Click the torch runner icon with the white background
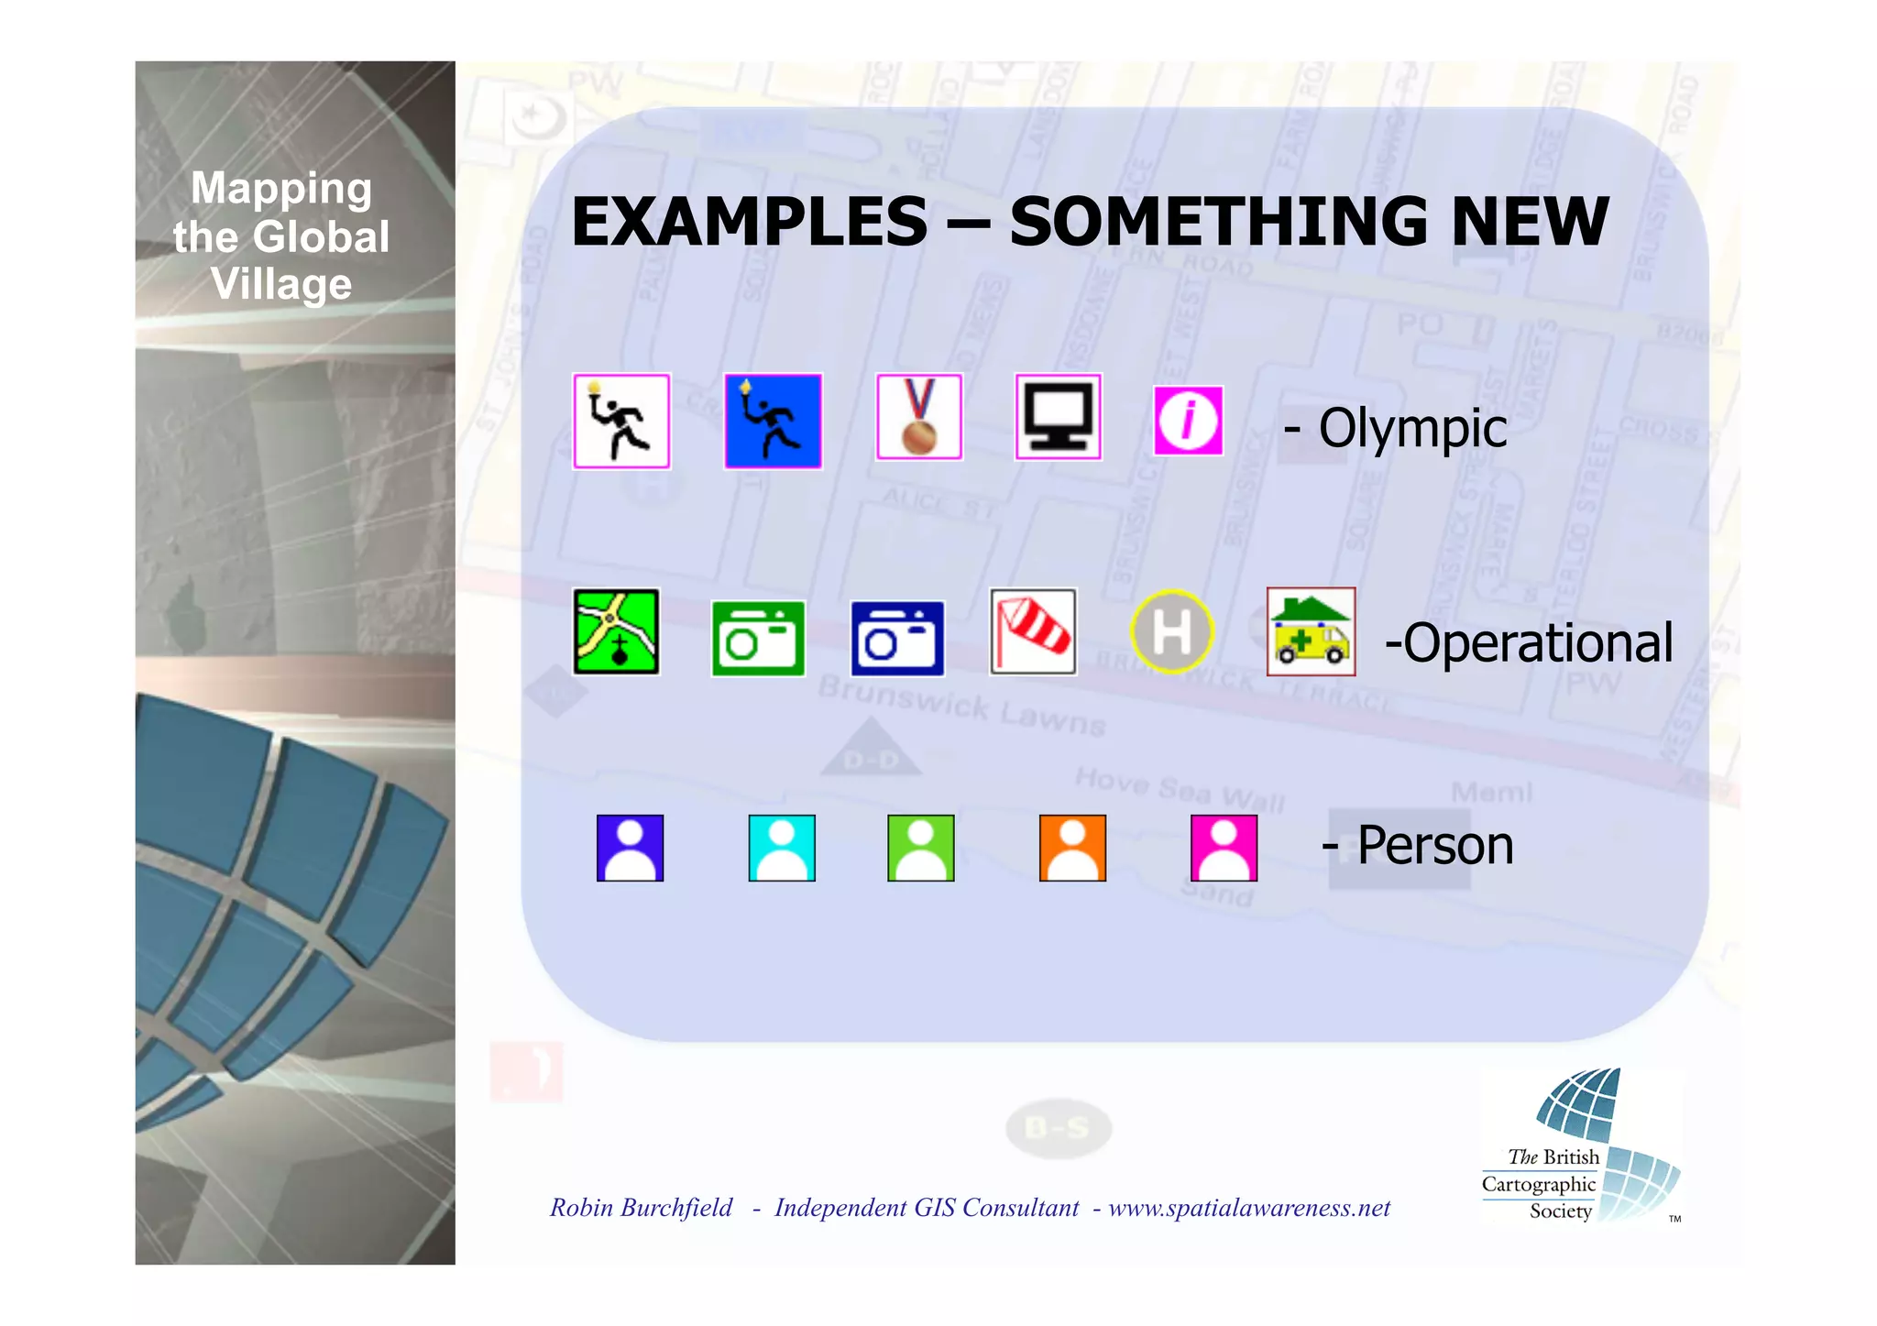coord(621,422)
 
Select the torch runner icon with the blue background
coord(773,422)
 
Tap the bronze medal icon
coord(919,417)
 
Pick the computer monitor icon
coord(1059,417)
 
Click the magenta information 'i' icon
coord(1188,422)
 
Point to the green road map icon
coord(616,632)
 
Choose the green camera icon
coord(758,639)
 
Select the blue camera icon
coord(897,639)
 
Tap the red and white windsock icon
coord(1033,632)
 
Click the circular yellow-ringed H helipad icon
coord(1171,632)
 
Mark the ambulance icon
coord(1311,632)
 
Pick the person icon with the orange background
coord(1072,849)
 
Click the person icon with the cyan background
coord(782,849)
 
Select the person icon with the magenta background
coord(1224,849)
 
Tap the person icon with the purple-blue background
coord(630,849)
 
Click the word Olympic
coord(1412,428)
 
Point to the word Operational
coord(1538,642)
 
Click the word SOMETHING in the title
coord(1219,223)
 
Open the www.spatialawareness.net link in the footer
coord(1249,1208)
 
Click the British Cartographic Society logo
coord(1581,1145)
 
